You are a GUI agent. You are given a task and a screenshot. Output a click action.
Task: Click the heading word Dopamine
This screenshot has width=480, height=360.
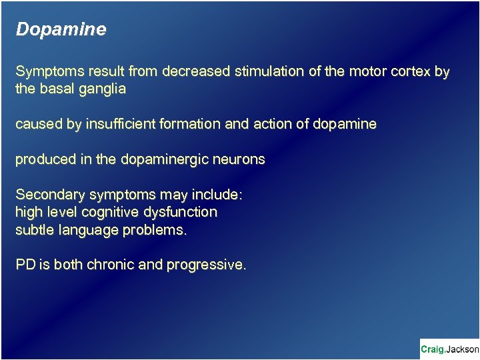61,30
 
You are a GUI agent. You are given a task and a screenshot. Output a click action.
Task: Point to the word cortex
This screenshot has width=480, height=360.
414,71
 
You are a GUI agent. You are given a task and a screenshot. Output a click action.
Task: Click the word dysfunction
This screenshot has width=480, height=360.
186,213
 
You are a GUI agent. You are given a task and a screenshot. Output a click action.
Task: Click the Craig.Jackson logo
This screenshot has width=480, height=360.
449,349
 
